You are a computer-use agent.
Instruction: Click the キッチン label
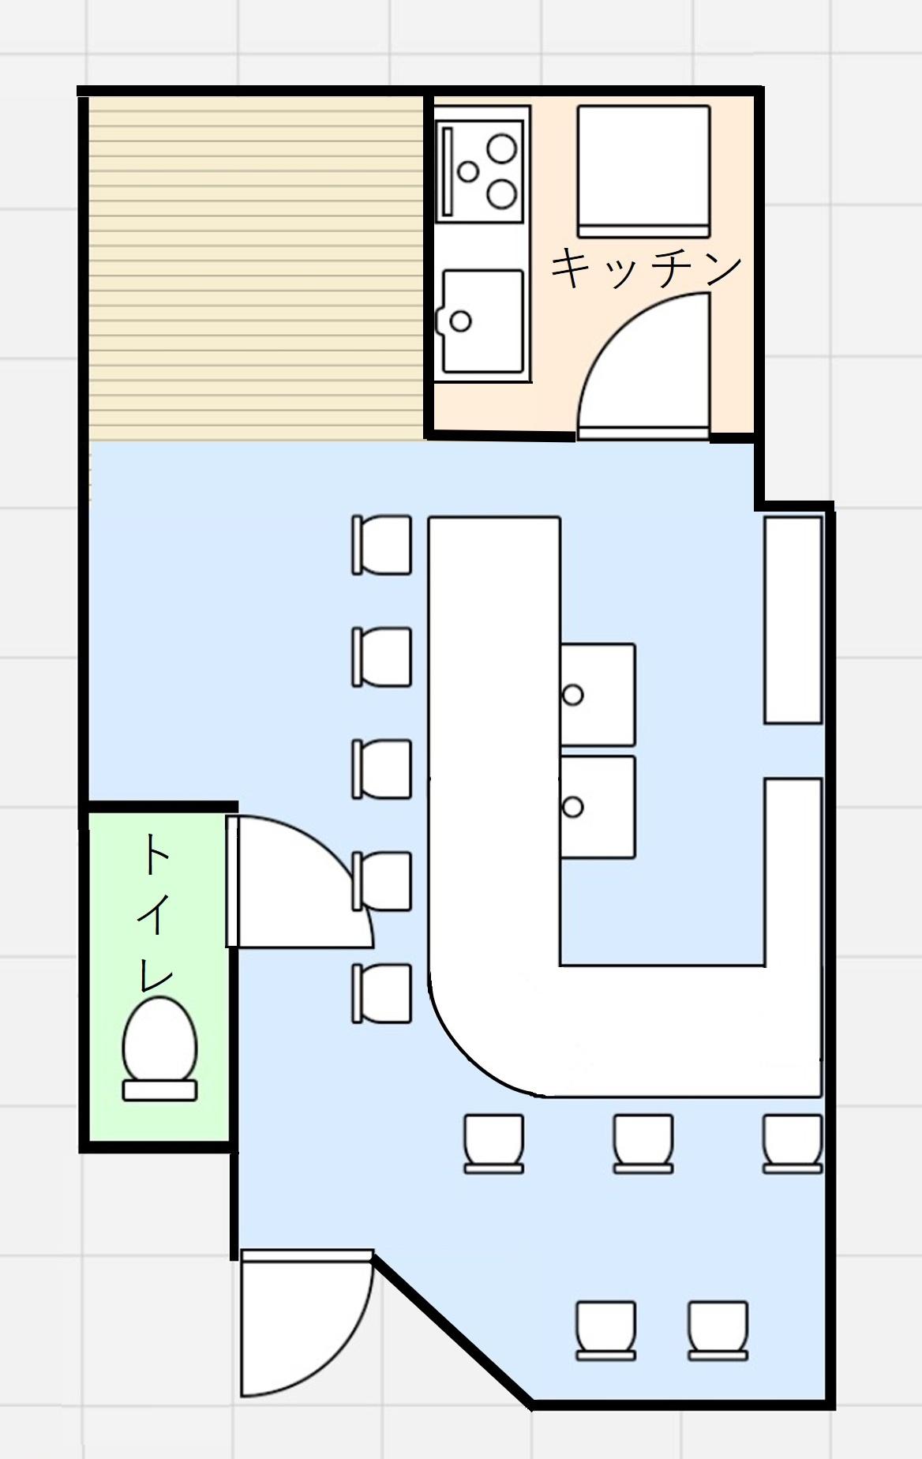[646, 269]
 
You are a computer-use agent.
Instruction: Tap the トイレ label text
[156, 913]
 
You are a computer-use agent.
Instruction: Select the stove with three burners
[481, 169]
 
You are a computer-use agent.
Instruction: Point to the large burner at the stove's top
[501, 148]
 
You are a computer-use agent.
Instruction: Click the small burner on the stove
[469, 171]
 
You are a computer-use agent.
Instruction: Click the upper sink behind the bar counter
[598, 695]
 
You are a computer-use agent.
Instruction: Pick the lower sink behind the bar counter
[598, 807]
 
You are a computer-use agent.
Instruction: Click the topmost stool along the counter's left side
[382, 545]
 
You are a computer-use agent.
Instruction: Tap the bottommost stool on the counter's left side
[382, 993]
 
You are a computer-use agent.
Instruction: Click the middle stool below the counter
[643, 1143]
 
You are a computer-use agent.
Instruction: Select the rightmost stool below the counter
[793, 1143]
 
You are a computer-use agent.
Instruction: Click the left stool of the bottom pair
[606, 1330]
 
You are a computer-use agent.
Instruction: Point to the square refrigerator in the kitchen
[643, 171]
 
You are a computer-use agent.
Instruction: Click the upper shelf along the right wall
[793, 620]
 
